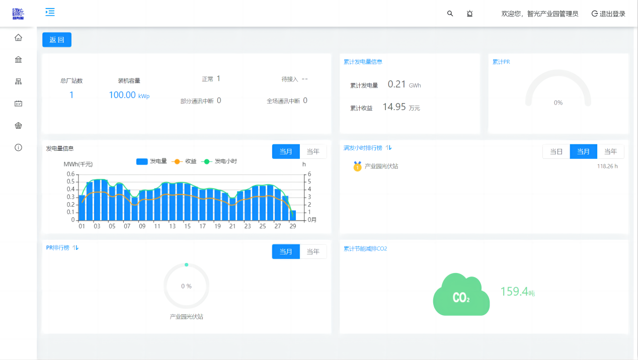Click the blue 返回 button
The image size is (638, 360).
(x=57, y=40)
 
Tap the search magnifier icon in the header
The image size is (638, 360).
(x=450, y=14)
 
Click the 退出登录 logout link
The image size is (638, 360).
(x=608, y=14)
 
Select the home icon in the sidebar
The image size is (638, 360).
(x=19, y=38)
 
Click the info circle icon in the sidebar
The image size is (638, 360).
(x=19, y=147)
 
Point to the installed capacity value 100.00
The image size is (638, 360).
(x=122, y=95)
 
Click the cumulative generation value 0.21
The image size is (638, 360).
(x=396, y=84)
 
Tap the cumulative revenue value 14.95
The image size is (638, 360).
(x=394, y=107)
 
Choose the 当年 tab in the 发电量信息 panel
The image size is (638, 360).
(x=313, y=151)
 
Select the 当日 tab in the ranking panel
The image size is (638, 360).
(x=556, y=151)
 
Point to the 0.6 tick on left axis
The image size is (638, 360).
(x=70, y=174)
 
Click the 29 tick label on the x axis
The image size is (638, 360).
(x=292, y=226)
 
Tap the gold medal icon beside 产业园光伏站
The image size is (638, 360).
(x=357, y=166)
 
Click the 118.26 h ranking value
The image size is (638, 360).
(x=607, y=166)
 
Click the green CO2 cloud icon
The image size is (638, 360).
(x=461, y=295)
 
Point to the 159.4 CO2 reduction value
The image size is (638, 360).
(x=514, y=292)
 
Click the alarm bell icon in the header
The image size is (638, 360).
(x=469, y=14)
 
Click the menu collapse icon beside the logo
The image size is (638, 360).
(x=50, y=12)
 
